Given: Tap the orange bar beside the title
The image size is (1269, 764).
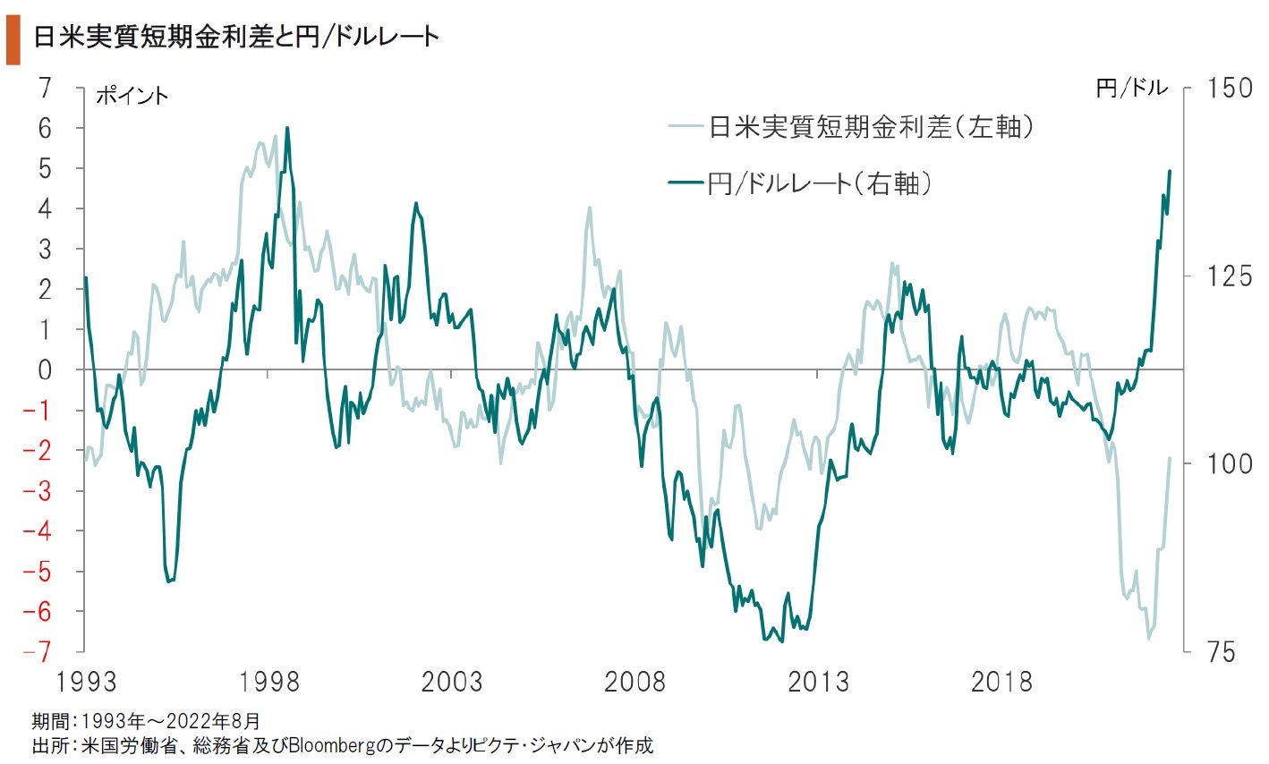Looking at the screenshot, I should [13, 44].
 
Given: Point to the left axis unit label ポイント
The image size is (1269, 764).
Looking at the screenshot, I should [132, 95].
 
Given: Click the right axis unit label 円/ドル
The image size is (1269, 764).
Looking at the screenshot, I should [1131, 88].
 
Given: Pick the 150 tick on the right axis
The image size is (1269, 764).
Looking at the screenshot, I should [1230, 88].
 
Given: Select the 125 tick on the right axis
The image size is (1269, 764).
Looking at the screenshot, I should [1230, 276].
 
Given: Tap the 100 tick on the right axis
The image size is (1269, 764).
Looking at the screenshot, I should [1230, 463].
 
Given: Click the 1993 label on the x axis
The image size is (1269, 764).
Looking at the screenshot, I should [86, 682].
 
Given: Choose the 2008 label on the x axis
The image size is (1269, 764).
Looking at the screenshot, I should [634, 682].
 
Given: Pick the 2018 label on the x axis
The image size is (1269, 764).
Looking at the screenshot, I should [1001, 682].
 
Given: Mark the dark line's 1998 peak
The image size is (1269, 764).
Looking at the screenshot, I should [286, 128].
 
